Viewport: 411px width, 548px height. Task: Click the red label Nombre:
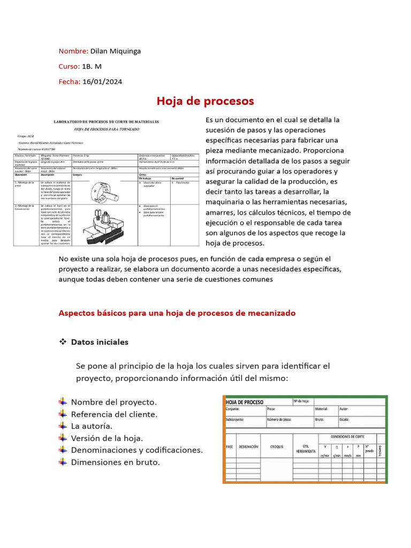pos(73,51)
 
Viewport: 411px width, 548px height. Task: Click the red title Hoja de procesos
pos(205,101)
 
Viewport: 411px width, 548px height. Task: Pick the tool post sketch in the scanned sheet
pos(104,225)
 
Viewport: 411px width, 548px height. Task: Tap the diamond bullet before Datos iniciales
pos(62,341)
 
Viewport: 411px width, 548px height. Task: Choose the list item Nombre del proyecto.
pos(114,402)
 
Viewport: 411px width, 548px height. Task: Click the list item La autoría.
pos(92,426)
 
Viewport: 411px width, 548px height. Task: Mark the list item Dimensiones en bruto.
pos(116,462)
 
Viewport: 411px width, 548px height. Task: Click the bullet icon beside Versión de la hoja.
pos(63,438)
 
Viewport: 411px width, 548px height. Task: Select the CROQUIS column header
pos(277,446)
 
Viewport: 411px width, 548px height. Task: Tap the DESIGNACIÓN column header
pos(249,446)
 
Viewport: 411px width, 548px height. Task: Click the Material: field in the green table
pos(322,408)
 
